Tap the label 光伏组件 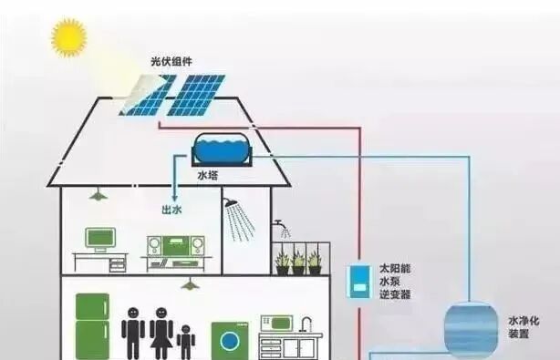pyautogui.click(x=171, y=61)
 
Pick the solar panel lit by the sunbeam pyautogui.click(x=146, y=93)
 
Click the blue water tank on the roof pyautogui.click(x=223, y=148)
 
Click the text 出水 pyautogui.click(x=171, y=209)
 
